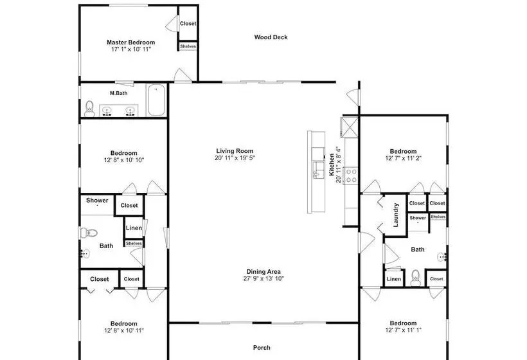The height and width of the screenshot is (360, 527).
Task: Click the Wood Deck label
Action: coord(271,37)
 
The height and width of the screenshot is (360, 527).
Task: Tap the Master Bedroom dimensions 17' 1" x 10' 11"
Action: coord(131,50)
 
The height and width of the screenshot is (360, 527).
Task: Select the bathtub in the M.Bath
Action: coord(156,100)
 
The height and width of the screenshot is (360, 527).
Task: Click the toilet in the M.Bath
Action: coord(89,109)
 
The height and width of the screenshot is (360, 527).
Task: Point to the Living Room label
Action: coord(235,151)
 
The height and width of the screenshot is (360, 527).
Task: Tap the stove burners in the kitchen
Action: coord(352,175)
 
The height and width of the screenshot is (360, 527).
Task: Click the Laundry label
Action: coord(396,215)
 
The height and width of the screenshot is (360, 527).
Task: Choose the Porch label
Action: coord(262,348)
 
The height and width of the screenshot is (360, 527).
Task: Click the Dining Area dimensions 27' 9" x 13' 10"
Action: coord(264,278)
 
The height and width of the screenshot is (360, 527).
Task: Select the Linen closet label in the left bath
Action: coord(134,228)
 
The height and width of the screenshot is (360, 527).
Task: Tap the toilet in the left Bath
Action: coord(89,233)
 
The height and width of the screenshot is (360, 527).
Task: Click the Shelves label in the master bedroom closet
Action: coord(188,46)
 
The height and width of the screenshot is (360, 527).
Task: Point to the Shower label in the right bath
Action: coord(418,218)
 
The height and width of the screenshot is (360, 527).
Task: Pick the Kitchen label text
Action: coord(332,165)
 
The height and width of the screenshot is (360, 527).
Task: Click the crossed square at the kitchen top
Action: coord(350,127)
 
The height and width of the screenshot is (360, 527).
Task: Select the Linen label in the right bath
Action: coord(393,279)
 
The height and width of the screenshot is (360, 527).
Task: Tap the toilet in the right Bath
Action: coord(416,278)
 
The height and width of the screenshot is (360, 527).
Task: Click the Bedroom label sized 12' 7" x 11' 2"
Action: coord(403,151)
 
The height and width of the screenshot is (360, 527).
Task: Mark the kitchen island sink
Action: coord(317,170)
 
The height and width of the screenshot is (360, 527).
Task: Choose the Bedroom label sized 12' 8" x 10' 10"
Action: coord(123,153)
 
